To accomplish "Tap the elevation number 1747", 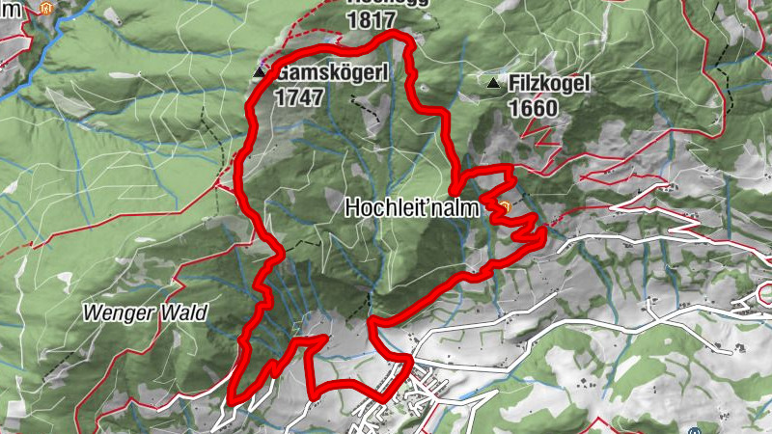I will click(x=297, y=96).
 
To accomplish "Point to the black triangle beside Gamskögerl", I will click(x=259, y=72).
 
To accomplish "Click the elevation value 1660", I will click(x=533, y=108).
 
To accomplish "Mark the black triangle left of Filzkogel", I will click(x=494, y=85).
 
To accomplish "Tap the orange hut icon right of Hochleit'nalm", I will click(x=504, y=205).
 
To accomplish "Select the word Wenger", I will click(x=112, y=312).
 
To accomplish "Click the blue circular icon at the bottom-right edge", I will click(x=694, y=429).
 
